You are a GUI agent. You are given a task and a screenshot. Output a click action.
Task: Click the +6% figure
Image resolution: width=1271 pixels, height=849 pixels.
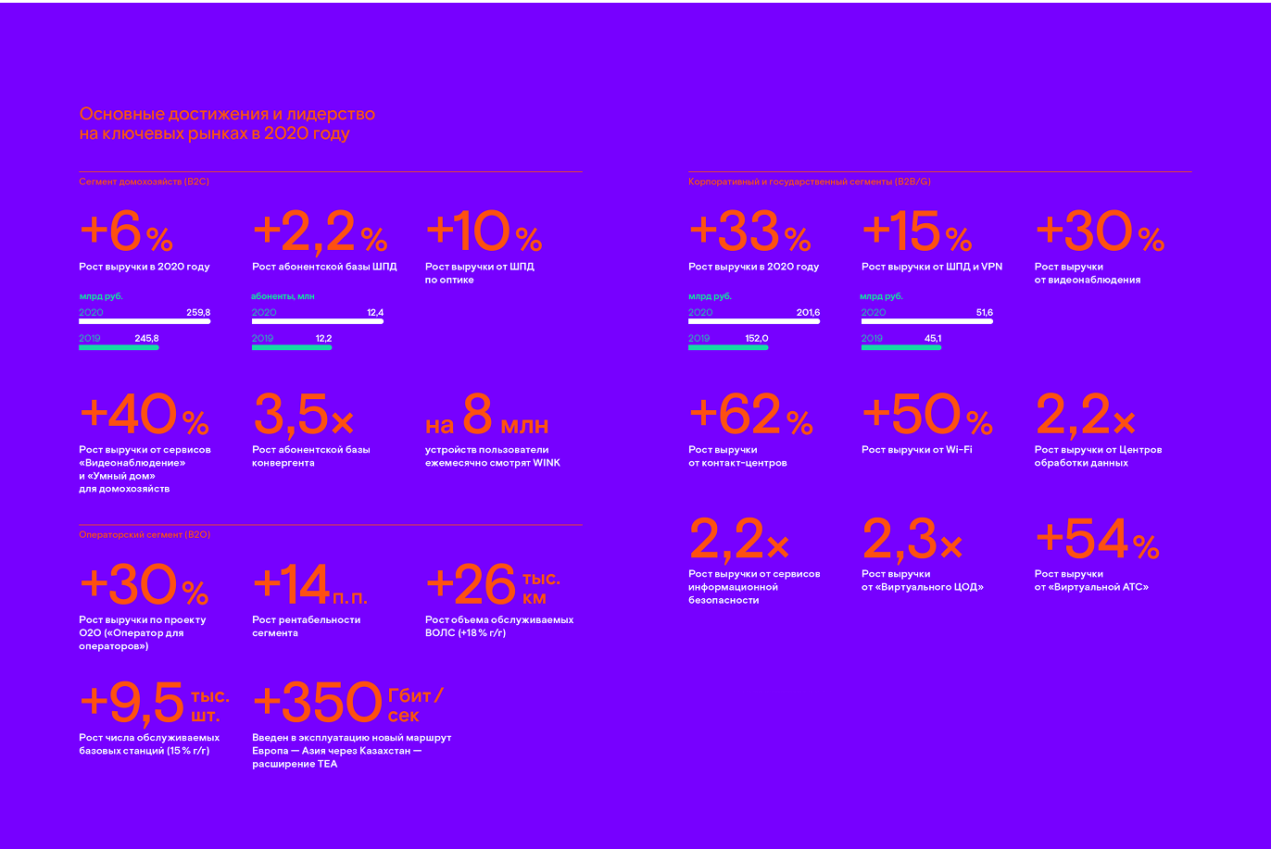click(x=126, y=233)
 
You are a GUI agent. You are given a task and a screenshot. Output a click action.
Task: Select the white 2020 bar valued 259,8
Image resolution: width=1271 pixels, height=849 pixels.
click(x=145, y=321)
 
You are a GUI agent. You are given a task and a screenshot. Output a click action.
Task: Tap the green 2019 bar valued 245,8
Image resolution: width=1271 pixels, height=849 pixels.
click(x=119, y=347)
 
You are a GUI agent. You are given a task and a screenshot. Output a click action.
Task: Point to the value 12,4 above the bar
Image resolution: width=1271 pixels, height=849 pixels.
click(x=374, y=313)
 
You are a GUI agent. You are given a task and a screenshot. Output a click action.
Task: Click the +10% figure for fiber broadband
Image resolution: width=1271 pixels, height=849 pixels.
click(x=483, y=233)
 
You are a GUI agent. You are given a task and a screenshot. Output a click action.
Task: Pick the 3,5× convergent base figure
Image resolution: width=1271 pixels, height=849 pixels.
click(x=302, y=416)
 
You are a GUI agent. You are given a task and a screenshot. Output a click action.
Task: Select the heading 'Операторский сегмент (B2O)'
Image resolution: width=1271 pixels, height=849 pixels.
click(x=132, y=535)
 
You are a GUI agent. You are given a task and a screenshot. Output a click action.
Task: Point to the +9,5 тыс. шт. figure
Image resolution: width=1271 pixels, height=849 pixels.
click(x=154, y=704)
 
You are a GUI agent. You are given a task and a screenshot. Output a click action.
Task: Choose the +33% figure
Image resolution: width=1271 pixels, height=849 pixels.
click(x=749, y=233)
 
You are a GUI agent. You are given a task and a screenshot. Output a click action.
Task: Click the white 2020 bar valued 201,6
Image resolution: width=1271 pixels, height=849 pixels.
click(x=754, y=321)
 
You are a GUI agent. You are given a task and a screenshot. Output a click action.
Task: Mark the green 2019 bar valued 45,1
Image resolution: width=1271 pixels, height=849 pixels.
click(x=901, y=347)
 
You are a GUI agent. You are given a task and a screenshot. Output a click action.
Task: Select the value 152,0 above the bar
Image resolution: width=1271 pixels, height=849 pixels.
click(x=756, y=339)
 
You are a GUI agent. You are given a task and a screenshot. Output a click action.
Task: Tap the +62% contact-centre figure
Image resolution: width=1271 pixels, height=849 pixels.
click(x=749, y=416)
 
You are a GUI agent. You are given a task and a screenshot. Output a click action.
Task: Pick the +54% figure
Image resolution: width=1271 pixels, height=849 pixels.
click(x=1096, y=541)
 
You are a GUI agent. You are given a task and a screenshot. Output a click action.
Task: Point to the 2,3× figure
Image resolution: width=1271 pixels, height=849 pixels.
click(x=912, y=541)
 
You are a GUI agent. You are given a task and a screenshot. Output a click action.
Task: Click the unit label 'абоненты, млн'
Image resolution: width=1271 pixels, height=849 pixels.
click(x=283, y=296)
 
